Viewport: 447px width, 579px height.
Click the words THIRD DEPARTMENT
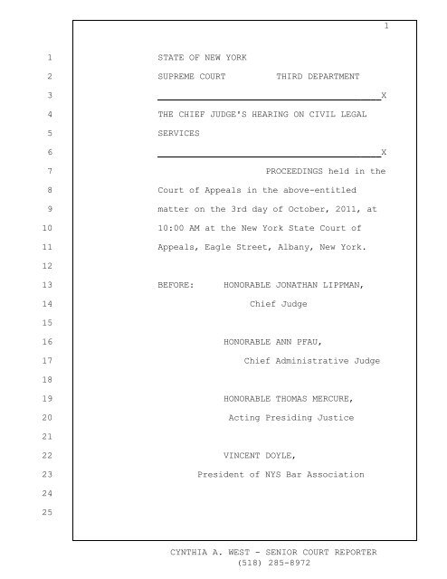coord(318,76)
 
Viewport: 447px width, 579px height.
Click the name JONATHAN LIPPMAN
coord(321,286)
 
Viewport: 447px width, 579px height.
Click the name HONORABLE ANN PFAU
coord(263,343)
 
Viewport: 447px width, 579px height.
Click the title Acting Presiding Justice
coord(290,420)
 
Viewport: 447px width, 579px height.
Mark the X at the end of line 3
coord(385,96)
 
